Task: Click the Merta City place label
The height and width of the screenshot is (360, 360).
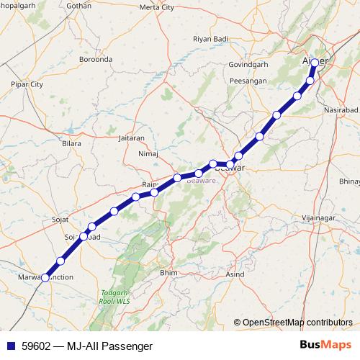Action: tap(157, 7)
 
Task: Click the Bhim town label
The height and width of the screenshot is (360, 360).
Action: tap(168, 273)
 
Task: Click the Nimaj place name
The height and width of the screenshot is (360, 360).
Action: tap(147, 153)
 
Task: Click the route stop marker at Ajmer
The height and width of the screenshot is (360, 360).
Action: tap(315, 63)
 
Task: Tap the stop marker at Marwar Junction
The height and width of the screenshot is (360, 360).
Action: tap(45, 277)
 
